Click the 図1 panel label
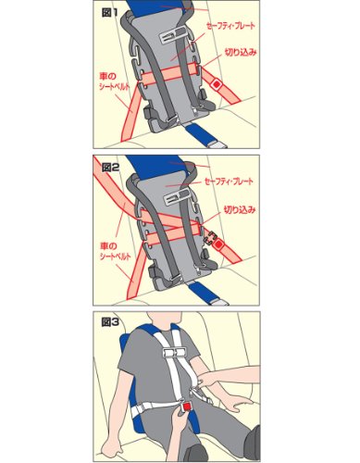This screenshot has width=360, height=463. point(109,13)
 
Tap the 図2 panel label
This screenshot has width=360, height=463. point(110,168)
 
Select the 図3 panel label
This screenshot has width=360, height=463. point(110,322)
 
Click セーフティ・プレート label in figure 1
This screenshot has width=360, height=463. point(230,26)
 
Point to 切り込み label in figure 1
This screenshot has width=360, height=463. point(241,53)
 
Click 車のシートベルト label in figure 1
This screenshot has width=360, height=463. point(114,81)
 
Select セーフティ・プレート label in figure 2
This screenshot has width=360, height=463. point(229,181)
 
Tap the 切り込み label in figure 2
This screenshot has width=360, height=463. point(240,210)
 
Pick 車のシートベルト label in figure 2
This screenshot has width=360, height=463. point(115,251)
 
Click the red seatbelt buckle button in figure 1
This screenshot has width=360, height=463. point(217,84)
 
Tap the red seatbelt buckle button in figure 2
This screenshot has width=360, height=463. point(219,244)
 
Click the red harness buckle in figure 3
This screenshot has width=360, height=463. point(187,407)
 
